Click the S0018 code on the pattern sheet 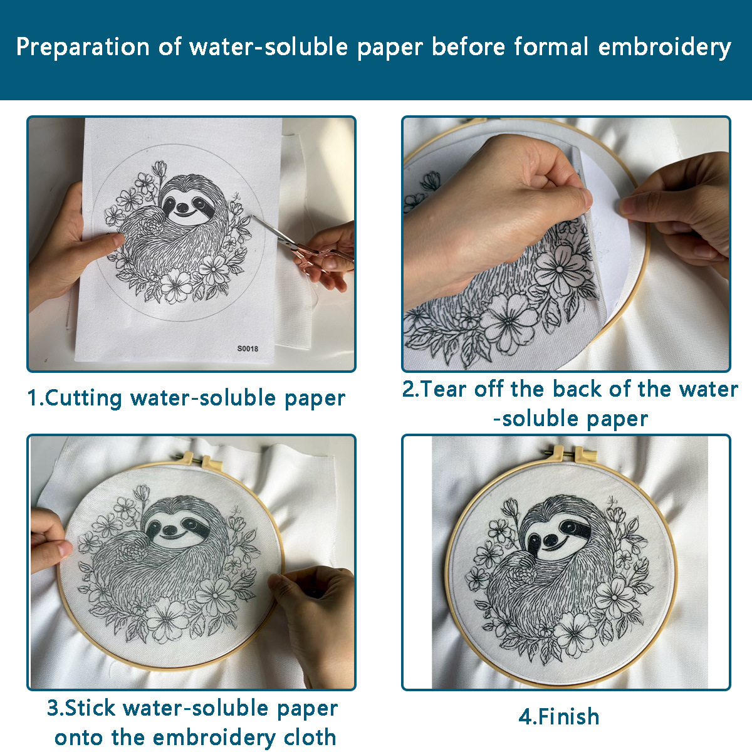tap(248, 348)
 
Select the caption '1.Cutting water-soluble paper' tap(186, 398)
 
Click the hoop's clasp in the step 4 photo tap(567, 452)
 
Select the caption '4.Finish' tap(559, 716)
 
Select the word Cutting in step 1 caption tap(83, 398)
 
